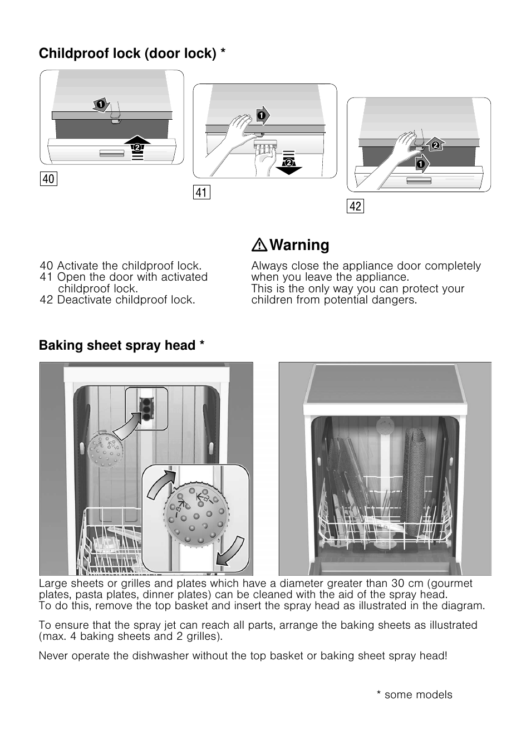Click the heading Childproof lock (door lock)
(132, 53)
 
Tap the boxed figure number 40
(48, 179)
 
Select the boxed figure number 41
(201, 193)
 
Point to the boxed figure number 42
(355, 207)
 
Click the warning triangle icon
(259, 246)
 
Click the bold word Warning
(299, 246)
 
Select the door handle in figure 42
(419, 181)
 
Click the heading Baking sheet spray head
(121, 346)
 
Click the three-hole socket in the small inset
(146, 408)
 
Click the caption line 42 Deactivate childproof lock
(117, 300)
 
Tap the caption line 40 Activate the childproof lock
(121, 266)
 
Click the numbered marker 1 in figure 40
(100, 104)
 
